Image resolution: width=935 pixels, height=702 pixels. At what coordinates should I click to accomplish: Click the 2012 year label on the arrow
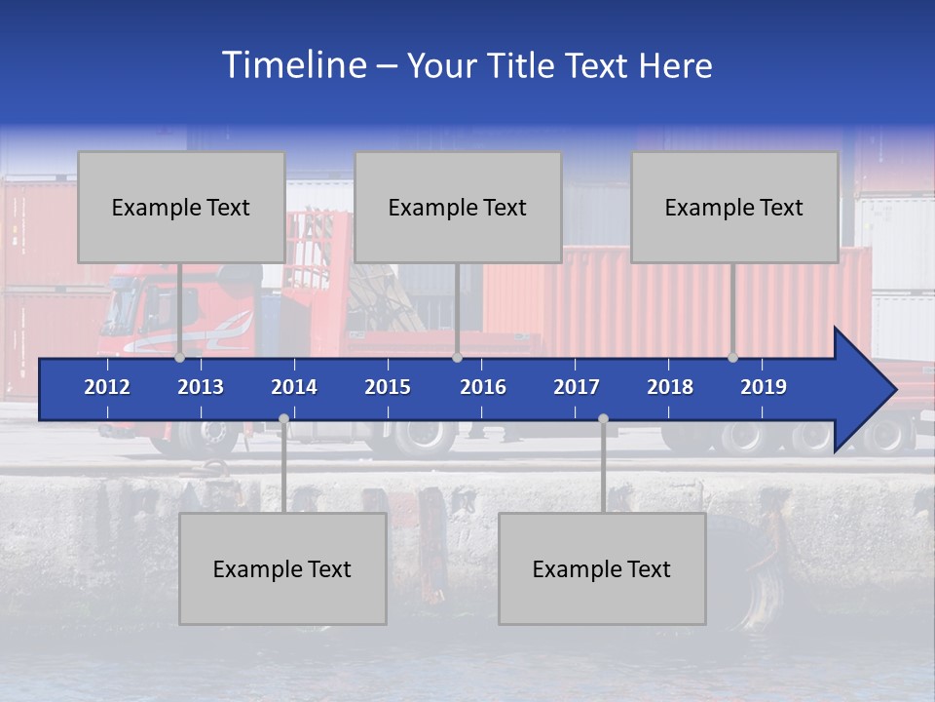(107, 387)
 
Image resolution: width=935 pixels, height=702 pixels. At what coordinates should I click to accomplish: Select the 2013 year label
(201, 387)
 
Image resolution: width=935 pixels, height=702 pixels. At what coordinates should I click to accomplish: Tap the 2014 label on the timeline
(294, 387)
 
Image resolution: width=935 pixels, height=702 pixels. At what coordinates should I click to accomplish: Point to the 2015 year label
(388, 387)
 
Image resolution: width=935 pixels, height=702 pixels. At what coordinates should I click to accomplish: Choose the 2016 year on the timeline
(483, 387)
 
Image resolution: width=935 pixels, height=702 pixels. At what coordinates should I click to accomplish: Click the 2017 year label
(577, 387)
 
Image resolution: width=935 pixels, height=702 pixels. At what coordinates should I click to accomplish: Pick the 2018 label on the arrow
(670, 387)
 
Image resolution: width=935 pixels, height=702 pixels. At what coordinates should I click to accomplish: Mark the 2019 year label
(764, 387)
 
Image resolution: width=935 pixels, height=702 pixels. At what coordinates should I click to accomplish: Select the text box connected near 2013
(181, 207)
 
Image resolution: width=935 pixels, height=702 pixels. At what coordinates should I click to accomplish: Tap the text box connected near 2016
(458, 207)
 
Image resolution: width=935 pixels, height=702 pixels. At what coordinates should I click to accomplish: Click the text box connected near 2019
(734, 207)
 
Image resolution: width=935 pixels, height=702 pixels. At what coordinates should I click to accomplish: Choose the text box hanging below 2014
(282, 568)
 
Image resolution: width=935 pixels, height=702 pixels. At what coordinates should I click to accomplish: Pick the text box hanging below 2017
(602, 568)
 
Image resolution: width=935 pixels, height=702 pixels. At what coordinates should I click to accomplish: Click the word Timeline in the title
(293, 65)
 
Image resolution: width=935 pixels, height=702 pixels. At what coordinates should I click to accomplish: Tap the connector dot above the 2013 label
(180, 358)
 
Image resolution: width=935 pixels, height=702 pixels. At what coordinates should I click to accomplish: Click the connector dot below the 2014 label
(283, 419)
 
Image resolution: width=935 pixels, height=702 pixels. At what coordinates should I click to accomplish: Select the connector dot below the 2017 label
(603, 419)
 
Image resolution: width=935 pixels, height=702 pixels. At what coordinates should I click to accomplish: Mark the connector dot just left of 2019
(733, 358)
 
